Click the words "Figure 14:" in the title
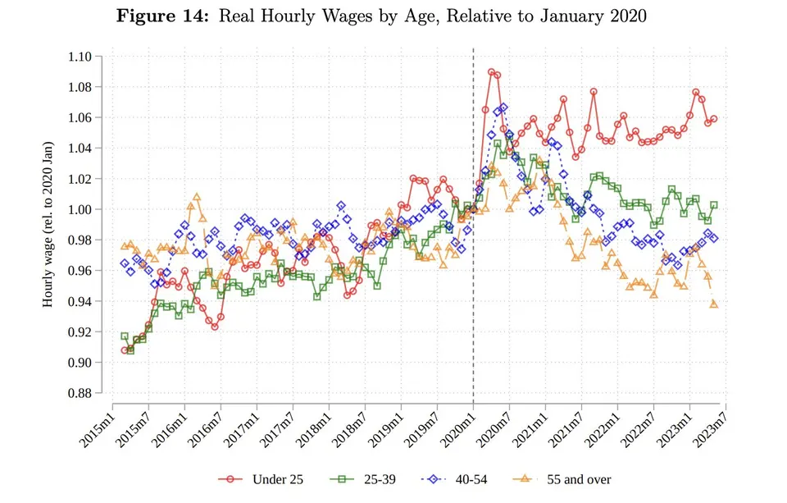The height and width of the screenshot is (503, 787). coord(162,16)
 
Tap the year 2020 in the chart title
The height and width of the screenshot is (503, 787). coord(628,16)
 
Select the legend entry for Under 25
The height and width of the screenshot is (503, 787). coord(261,479)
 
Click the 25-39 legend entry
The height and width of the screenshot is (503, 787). coord(362,479)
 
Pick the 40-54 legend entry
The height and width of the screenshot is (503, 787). coord(453,479)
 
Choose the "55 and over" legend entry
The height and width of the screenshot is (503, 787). coord(562,479)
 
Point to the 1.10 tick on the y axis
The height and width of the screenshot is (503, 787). coord(80,57)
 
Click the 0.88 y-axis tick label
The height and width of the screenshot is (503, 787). coord(80,393)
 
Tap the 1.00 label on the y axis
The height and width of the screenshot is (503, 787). coord(80,209)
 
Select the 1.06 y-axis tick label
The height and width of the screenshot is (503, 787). coord(80,117)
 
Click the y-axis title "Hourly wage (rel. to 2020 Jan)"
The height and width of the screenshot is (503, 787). coord(48,225)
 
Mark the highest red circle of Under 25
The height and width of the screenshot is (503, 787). coord(491,72)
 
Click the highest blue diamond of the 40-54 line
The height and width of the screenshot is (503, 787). coord(503,107)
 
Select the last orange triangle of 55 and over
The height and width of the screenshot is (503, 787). coord(714,304)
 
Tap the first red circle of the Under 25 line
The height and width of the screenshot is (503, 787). coord(125,350)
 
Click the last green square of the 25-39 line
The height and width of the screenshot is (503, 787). coord(714,205)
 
